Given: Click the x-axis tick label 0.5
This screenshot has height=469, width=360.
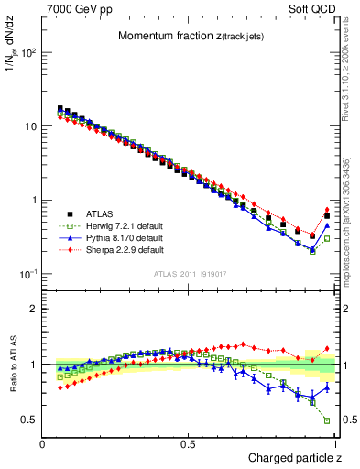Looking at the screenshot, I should point(189,443).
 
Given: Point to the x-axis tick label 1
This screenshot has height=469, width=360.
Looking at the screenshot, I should point(334,443).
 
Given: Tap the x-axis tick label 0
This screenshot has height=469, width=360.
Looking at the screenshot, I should point(43,443).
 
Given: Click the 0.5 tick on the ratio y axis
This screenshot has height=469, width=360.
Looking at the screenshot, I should point(30,420).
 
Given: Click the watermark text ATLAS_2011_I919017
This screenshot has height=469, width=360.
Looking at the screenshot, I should point(189,274).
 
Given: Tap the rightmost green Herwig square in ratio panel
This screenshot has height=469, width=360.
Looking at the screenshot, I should point(327,421).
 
